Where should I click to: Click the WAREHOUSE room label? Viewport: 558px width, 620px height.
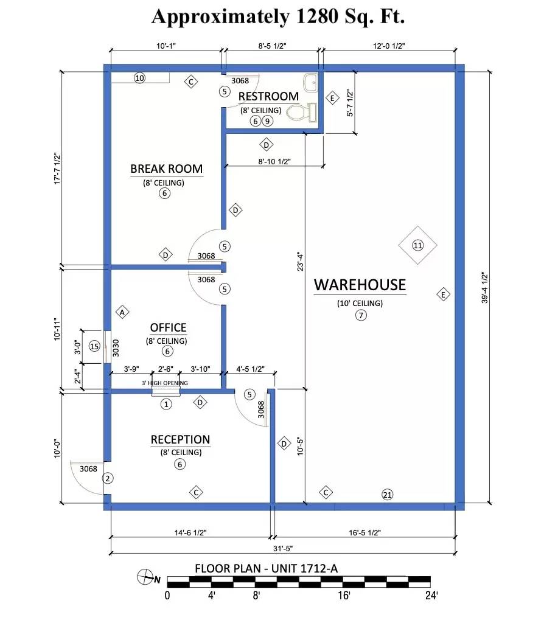pos(360,285)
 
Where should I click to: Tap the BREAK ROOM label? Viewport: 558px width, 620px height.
pos(167,169)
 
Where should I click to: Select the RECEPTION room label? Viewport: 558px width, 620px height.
pos(180,440)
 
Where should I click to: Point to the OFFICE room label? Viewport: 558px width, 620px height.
pos(168,328)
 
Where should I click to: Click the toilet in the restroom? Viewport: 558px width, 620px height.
pos(302,113)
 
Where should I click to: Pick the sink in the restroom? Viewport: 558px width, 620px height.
pos(310,83)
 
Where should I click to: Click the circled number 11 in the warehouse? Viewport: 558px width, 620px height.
pos(417,245)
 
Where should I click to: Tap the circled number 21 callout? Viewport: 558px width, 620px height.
pos(387,495)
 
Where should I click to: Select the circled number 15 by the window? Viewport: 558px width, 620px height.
pos(94,347)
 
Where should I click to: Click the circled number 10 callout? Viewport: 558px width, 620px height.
pos(139,78)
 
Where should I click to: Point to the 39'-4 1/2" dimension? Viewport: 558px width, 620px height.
pos(485,287)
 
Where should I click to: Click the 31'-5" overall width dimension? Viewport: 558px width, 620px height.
pos(283,548)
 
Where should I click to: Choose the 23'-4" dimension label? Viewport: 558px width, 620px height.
pos(300,262)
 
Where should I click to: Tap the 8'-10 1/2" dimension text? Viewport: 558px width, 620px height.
pos(274,161)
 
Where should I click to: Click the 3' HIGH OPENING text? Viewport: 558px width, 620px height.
pos(164,383)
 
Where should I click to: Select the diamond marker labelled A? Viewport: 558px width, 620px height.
pos(122,312)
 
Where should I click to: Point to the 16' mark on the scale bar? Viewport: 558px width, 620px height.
pos(344,595)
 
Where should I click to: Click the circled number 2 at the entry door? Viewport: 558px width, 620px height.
pos(108,478)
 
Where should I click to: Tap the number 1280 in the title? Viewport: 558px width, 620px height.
pos(316,16)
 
